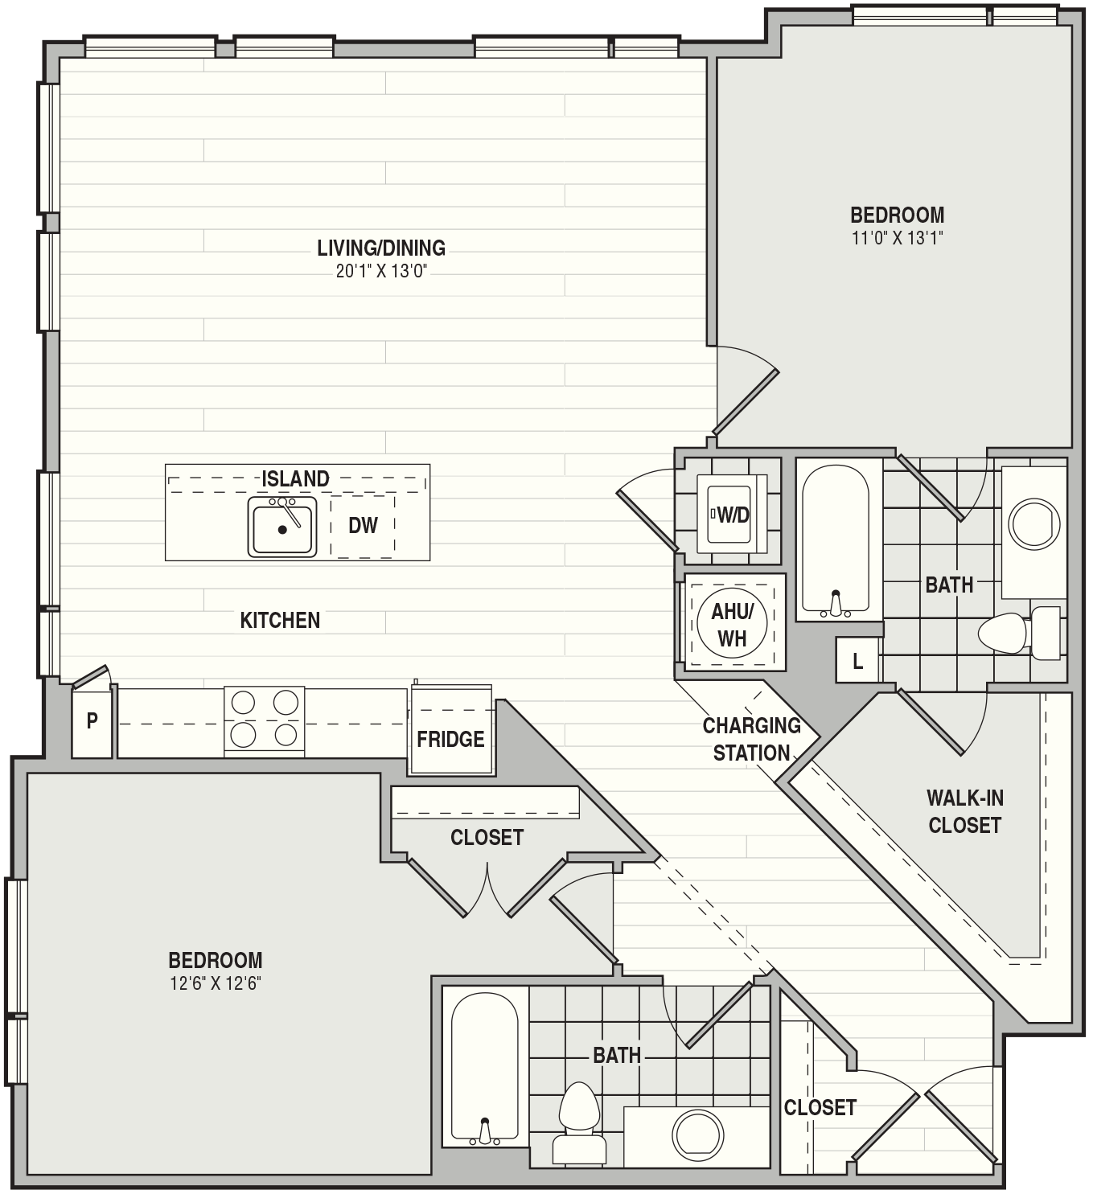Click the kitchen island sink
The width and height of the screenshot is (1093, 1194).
pos(281,527)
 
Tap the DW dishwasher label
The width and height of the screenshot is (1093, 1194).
pos(363,526)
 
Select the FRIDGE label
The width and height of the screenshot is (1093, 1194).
pos(450,739)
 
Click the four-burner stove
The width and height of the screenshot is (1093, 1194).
pos(264,721)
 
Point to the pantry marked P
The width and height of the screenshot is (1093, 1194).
pos(92,721)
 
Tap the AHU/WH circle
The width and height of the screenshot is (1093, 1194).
pos(732,625)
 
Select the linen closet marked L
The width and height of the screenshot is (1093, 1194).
pos(857,660)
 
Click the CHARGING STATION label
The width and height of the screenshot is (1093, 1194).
pos(752,739)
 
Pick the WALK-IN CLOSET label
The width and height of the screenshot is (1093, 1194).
pos(965,811)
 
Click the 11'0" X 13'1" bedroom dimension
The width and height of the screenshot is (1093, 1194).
pos(897,239)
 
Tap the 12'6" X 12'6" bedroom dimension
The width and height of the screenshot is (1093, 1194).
pos(216,983)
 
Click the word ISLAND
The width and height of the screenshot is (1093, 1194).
pos(295,478)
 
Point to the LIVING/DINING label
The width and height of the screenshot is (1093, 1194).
pos(381,248)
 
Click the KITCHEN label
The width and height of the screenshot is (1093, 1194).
pos(280,620)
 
